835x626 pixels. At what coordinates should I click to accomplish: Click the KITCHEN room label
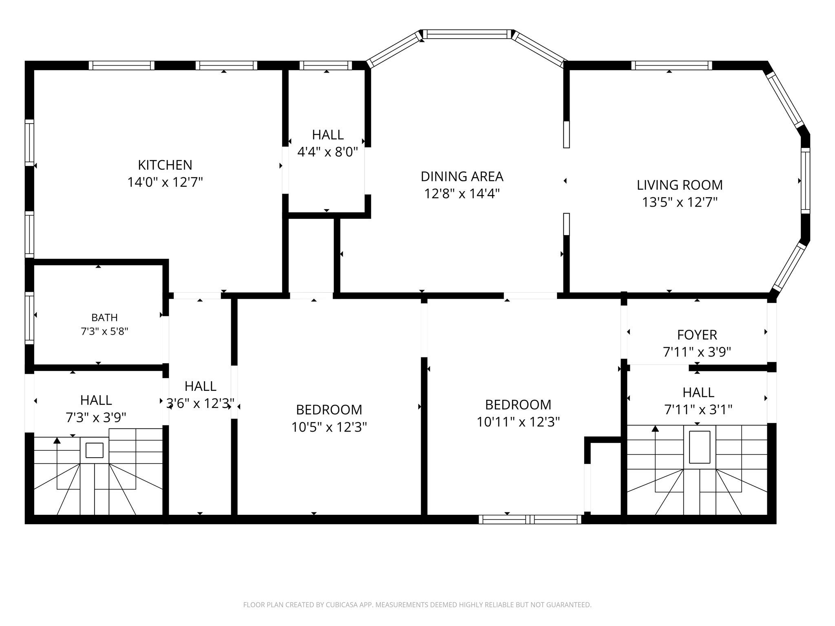coord(165,165)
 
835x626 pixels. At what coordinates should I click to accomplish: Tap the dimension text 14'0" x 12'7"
coord(165,182)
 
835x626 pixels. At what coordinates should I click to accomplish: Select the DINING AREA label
coord(462,176)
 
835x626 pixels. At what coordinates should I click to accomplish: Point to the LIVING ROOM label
coord(680,185)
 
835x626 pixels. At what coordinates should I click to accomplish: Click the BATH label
coord(104,317)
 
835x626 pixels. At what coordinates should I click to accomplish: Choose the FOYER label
coord(697,335)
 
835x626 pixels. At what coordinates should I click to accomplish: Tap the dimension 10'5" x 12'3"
coord(329,427)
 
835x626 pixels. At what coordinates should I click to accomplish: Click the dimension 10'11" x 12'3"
coord(518,422)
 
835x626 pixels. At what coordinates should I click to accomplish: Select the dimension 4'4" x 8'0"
coord(327,152)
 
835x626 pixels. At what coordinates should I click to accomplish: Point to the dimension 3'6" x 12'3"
coord(200,403)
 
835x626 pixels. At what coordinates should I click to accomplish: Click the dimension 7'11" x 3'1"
coord(698,409)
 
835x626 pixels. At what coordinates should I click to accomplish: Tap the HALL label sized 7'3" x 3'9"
coord(96,400)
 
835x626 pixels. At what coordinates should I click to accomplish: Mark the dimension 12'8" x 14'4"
coord(462,194)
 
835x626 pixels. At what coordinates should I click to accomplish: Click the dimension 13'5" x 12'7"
coord(680,202)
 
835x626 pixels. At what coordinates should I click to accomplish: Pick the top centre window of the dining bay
coord(467,34)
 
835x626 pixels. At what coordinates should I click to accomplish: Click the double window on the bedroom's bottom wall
coord(530,519)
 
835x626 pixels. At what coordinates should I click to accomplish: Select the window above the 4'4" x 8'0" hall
coord(326,65)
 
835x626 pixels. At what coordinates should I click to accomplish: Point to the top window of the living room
coord(672,65)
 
